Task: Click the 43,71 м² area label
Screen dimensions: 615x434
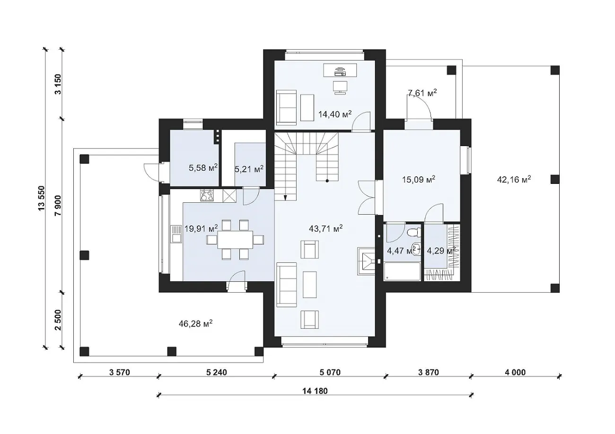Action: pos(325,228)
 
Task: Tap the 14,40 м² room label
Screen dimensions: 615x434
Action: pos(335,114)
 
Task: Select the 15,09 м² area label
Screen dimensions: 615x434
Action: pos(419,180)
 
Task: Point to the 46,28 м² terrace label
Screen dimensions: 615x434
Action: pos(195,324)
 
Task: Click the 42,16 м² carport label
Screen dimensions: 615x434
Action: pos(514,180)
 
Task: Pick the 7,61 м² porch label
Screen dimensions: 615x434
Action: pos(422,93)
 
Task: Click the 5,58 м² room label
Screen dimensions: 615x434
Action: pos(203,168)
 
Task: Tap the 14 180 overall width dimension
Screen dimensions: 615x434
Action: pos(315,391)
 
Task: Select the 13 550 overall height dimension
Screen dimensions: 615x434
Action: pos(41,199)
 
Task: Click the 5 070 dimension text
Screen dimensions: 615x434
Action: pos(330,372)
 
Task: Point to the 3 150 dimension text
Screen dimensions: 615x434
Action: pos(58,84)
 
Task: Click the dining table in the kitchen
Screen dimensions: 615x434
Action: pos(235,240)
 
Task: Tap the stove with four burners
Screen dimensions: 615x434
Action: pos(207,196)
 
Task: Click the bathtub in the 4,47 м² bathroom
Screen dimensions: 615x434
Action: pos(402,271)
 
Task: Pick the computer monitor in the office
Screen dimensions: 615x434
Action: pos(340,87)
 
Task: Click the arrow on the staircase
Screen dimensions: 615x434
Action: pos(286,198)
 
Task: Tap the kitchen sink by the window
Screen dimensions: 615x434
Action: pos(176,234)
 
